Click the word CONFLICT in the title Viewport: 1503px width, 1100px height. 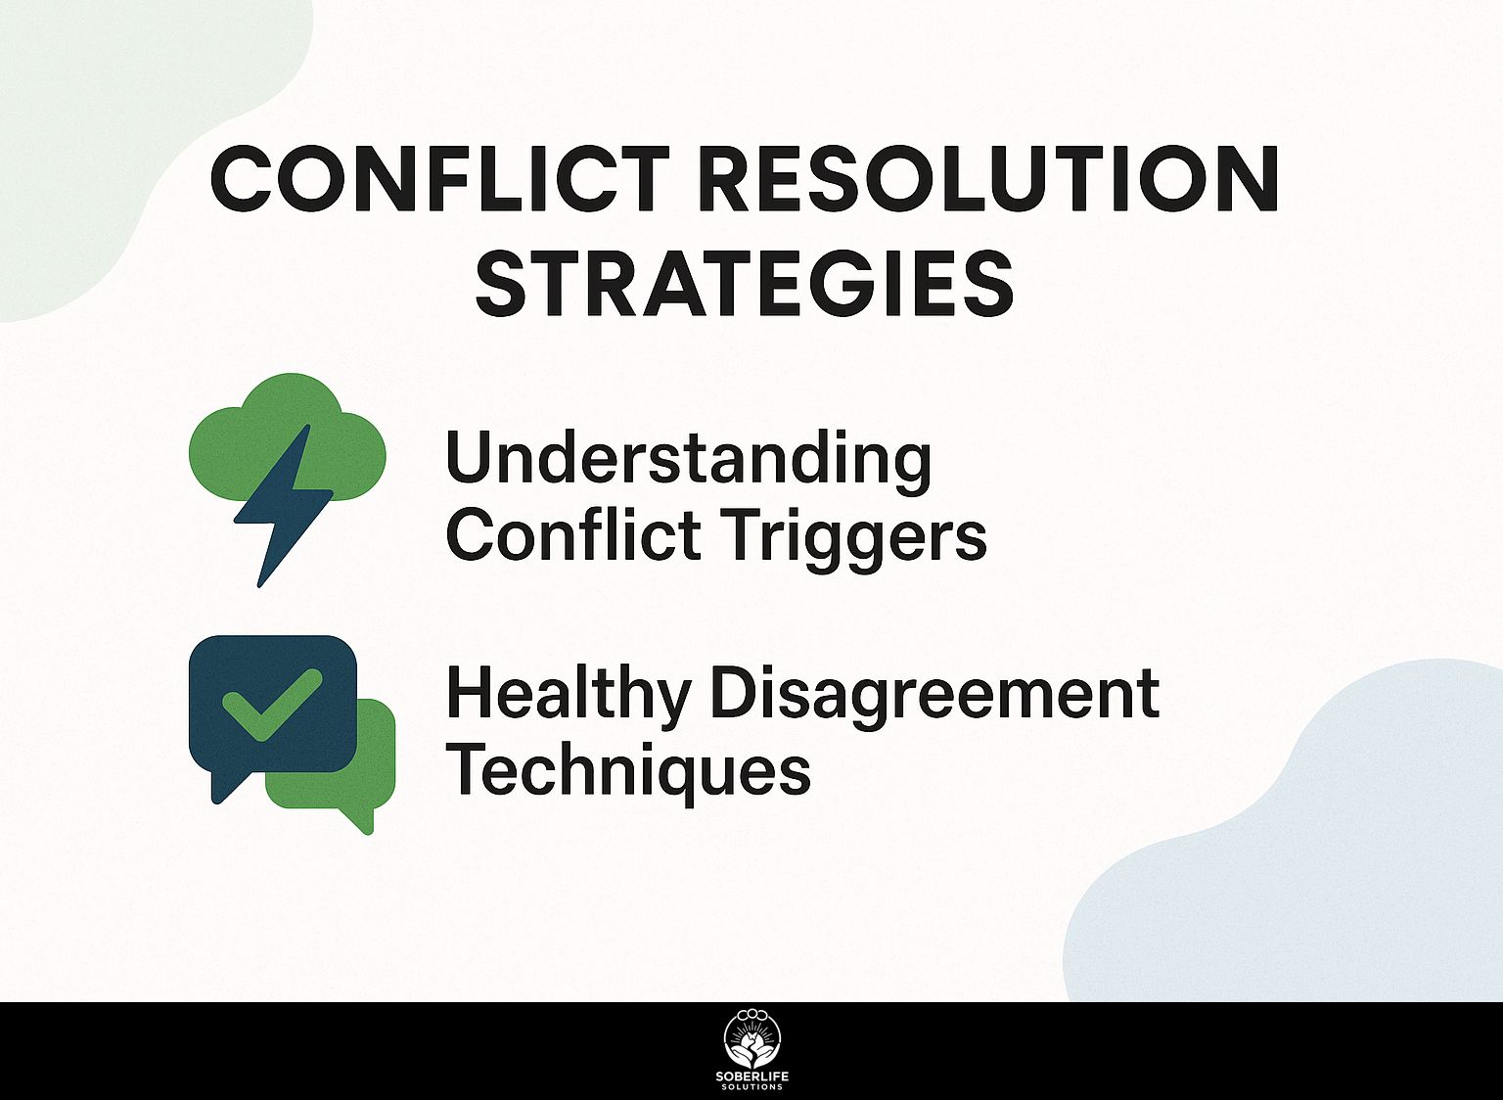tap(439, 179)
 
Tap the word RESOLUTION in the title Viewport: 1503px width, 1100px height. tap(989, 179)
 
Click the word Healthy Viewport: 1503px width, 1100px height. tap(568, 699)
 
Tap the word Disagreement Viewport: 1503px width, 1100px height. tap(934, 699)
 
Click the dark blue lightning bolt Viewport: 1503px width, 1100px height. tap(283, 507)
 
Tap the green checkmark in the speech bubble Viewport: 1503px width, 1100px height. tap(272, 704)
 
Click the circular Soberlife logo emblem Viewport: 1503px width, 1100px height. tap(752, 1040)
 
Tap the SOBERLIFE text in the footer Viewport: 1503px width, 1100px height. tap(752, 1077)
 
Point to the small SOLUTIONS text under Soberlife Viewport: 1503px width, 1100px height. tap(752, 1087)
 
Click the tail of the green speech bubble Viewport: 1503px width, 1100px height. tap(359, 820)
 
